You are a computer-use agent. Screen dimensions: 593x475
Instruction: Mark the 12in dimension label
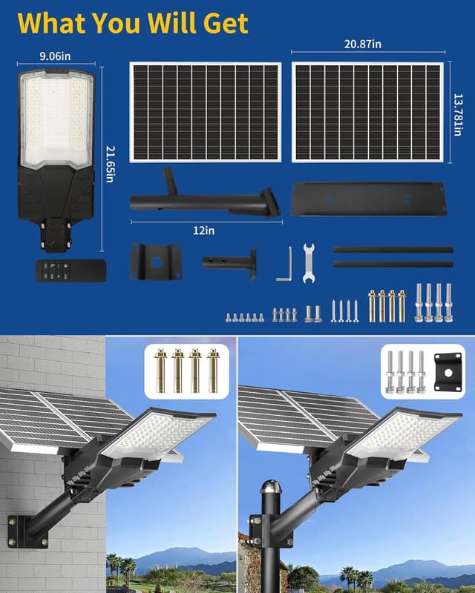point(204,231)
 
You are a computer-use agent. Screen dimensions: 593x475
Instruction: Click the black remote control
point(71,270)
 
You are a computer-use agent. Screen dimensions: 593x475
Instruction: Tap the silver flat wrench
point(309,262)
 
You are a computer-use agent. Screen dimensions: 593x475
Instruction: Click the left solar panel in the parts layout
point(206,112)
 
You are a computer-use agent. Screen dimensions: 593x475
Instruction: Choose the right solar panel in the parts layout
point(367,112)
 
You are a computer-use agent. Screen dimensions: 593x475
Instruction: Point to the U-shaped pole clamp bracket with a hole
point(156,261)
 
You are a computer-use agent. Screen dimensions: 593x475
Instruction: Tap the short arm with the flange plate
point(229,262)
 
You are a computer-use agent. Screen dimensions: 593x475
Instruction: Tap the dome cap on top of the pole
point(268,491)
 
